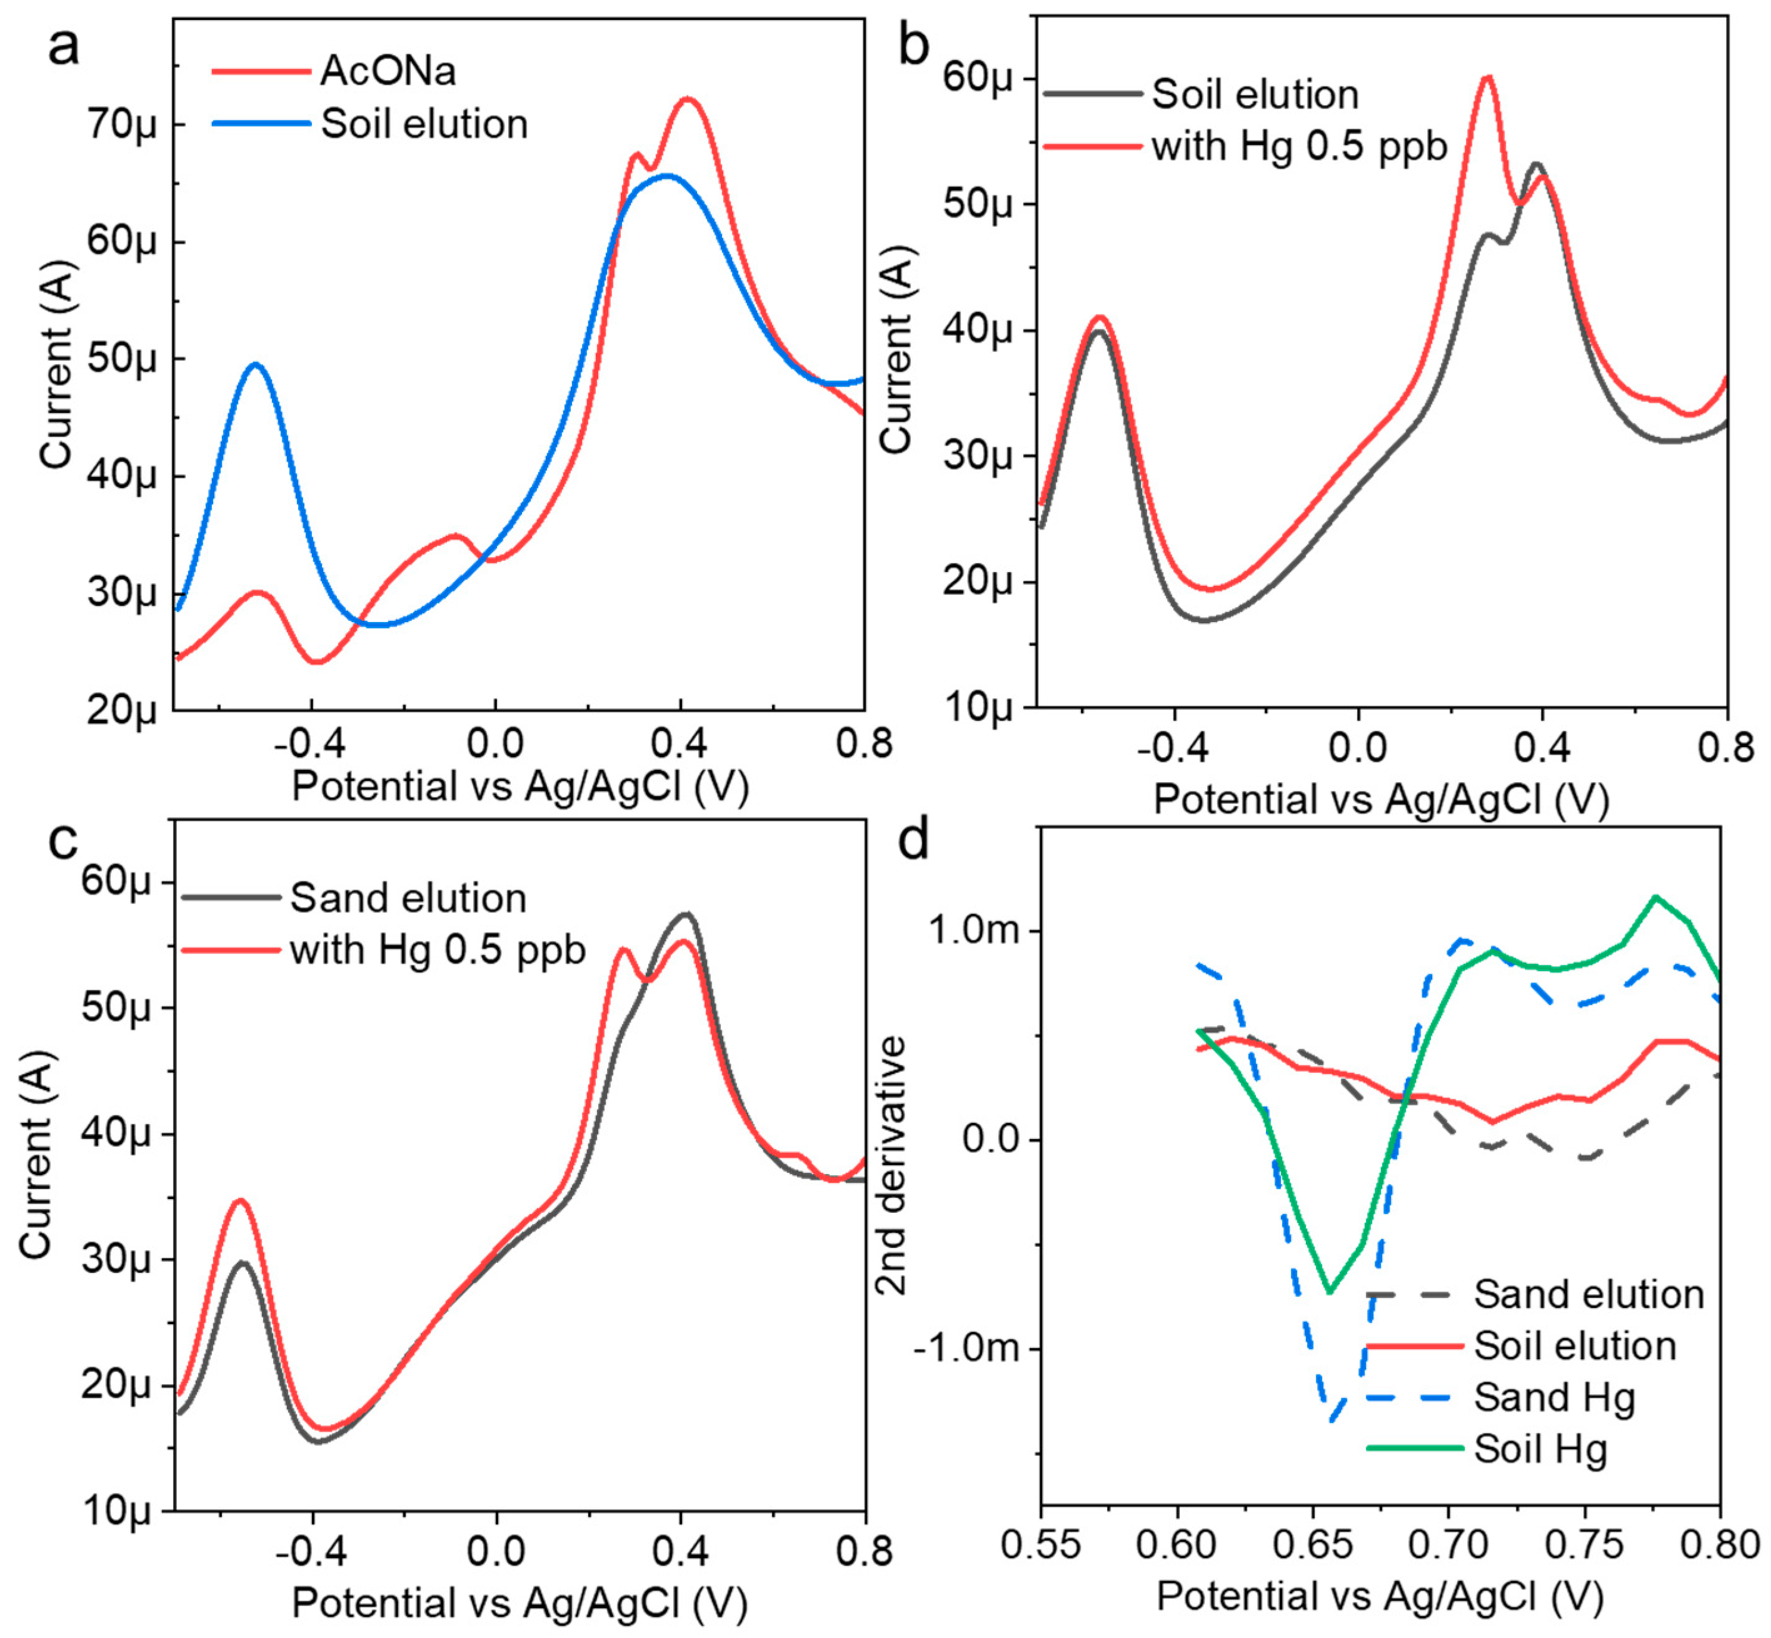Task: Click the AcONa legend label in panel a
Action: (388, 71)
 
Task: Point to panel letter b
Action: (912, 46)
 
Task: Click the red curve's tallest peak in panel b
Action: (1487, 78)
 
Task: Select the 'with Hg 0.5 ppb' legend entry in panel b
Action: (1298, 146)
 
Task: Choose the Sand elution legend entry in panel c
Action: (408, 898)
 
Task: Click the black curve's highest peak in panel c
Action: (685, 914)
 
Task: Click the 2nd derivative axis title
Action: (891, 1165)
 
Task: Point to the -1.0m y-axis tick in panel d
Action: (966, 1348)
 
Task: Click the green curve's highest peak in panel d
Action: (1654, 897)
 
